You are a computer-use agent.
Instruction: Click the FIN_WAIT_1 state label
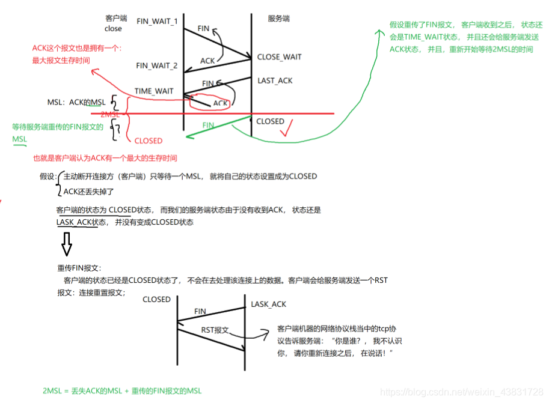tap(157, 22)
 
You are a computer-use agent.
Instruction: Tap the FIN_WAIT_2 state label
tap(157, 66)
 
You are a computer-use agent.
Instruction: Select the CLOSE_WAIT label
tap(279, 57)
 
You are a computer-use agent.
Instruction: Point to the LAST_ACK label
tap(275, 80)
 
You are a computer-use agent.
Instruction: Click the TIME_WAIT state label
tap(154, 91)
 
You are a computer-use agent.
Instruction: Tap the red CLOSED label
tap(148, 141)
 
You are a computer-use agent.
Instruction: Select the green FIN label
tap(208, 126)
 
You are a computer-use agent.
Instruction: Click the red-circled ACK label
tap(221, 103)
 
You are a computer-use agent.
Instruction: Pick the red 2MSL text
tap(110, 114)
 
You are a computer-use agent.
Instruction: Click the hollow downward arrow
tap(67, 243)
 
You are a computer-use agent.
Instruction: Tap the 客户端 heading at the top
tap(115, 19)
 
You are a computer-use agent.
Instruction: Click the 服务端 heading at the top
tap(278, 19)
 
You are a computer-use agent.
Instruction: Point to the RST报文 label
tap(215, 330)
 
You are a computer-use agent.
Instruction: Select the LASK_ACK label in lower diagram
tap(268, 305)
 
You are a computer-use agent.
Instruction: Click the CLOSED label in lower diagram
tap(156, 299)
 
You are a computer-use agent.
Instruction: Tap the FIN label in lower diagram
tap(200, 312)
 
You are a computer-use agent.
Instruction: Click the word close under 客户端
tap(113, 28)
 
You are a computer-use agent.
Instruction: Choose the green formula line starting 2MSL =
tap(122, 391)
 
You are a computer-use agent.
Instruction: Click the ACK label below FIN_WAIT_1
tap(207, 61)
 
